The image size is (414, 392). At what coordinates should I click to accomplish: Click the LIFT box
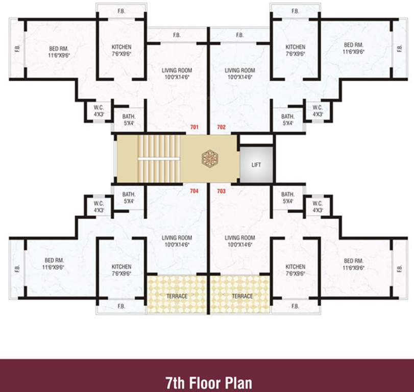pos(256,165)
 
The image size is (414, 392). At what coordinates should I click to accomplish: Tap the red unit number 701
pos(194,127)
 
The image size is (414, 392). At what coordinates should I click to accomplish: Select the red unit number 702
pos(221,127)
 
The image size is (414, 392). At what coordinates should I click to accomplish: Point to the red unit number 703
pos(221,191)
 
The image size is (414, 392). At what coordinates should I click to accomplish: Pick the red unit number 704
pos(194,191)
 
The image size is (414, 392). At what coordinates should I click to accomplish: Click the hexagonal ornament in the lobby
pos(210,159)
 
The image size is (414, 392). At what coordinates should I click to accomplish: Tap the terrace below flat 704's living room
pos(177,296)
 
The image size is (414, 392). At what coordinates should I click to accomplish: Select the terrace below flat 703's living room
pos(242,296)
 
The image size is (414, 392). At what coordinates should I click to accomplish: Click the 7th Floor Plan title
pos(208,382)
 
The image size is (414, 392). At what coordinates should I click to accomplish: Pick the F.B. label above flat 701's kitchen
pos(121,11)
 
